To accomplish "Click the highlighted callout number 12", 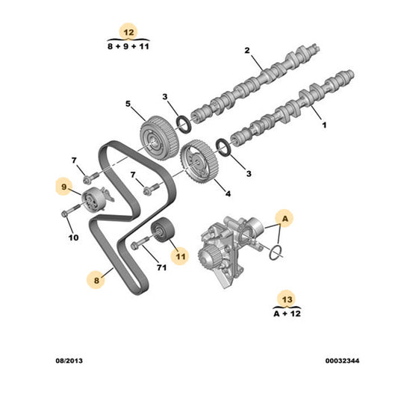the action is (128, 32).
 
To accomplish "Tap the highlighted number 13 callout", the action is (287, 299).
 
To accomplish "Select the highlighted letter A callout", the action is (284, 218).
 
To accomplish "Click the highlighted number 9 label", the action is (64, 187).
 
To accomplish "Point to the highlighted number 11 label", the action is (180, 256).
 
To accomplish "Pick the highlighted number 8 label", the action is (96, 280).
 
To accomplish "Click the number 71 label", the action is (162, 267).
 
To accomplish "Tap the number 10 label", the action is (74, 237).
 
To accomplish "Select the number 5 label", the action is (128, 104).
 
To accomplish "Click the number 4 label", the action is (228, 193).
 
